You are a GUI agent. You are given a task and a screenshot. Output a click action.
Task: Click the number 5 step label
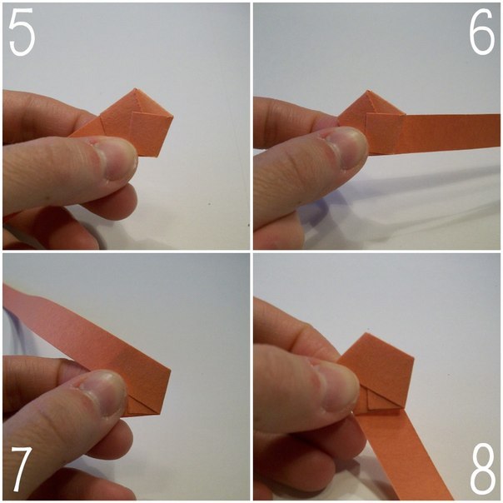[22, 32]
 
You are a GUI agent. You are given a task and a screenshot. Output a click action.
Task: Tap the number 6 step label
[482, 32]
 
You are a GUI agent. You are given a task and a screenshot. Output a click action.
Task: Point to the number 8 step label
[482, 470]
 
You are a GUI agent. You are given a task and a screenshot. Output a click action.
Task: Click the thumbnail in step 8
[338, 384]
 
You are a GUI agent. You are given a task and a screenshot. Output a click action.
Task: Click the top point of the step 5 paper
[136, 88]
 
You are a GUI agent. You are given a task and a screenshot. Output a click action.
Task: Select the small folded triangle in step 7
[142, 405]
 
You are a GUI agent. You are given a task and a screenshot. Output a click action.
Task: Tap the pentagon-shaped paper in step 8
[379, 369]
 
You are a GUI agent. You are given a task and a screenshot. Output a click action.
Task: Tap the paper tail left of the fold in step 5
[87, 127]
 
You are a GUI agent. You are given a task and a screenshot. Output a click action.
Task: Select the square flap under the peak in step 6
[384, 132]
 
